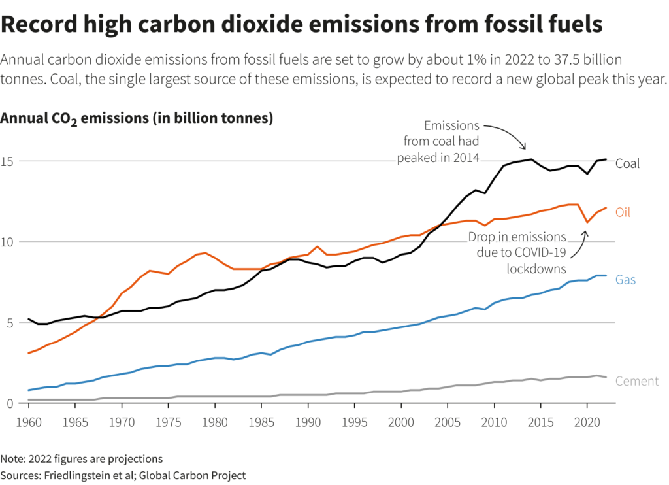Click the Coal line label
pos(627,163)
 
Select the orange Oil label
pos(623,212)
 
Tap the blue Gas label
pos(625,280)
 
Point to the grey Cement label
pos(636,381)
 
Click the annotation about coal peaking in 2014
pos(438,142)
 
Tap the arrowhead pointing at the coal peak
pos(523,148)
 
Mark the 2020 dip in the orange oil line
pos(587,222)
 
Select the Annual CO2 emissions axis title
pos(136,119)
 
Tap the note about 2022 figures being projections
pos(82,459)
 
